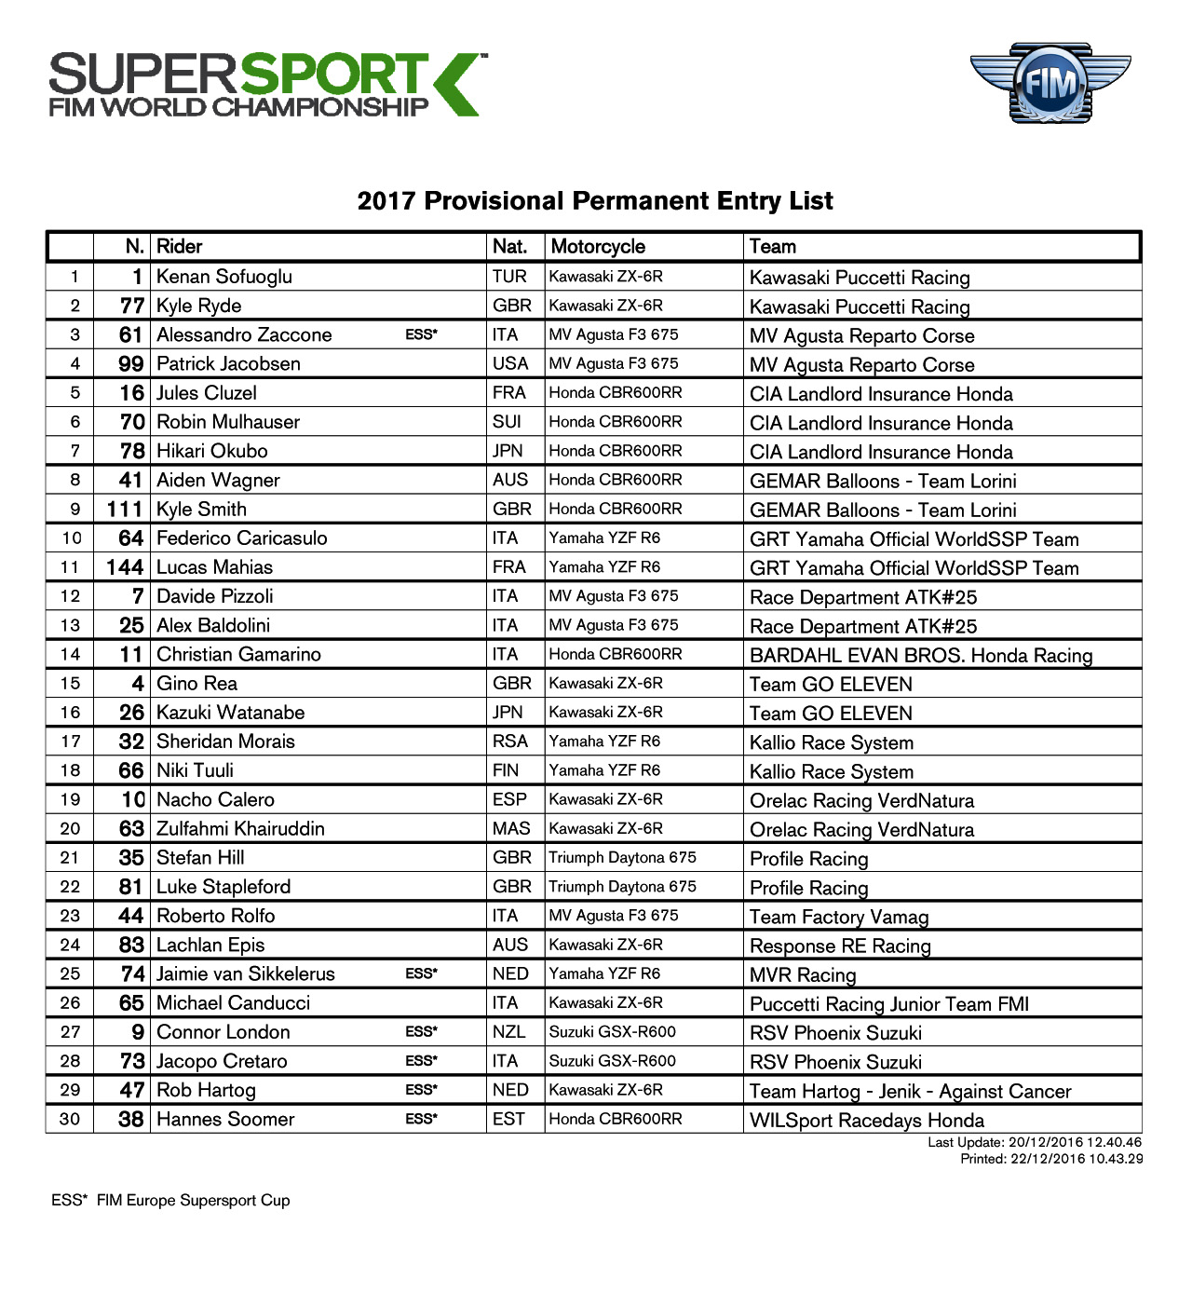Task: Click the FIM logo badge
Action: [1050, 84]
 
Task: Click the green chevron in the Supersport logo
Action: [456, 85]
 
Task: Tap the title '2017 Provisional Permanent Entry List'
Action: [595, 201]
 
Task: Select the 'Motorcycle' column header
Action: [598, 247]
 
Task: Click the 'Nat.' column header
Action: [509, 247]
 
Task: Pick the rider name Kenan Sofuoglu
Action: [224, 277]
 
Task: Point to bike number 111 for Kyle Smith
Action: [125, 510]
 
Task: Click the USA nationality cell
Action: [510, 364]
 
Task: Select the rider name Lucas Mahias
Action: [215, 567]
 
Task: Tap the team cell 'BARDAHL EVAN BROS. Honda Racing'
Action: [921, 656]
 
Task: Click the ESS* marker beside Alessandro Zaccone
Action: [421, 335]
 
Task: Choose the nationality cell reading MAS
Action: [511, 829]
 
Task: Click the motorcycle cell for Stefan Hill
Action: [622, 858]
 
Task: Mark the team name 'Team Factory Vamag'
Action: [839, 918]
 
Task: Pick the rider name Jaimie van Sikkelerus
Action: [246, 974]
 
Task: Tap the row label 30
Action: [70, 1120]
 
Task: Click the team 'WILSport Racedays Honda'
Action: [867, 1121]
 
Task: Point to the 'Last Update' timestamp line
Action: [1034, 1142]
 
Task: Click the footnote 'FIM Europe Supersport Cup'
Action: [193, 1201]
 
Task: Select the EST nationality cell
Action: [508, 1120]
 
